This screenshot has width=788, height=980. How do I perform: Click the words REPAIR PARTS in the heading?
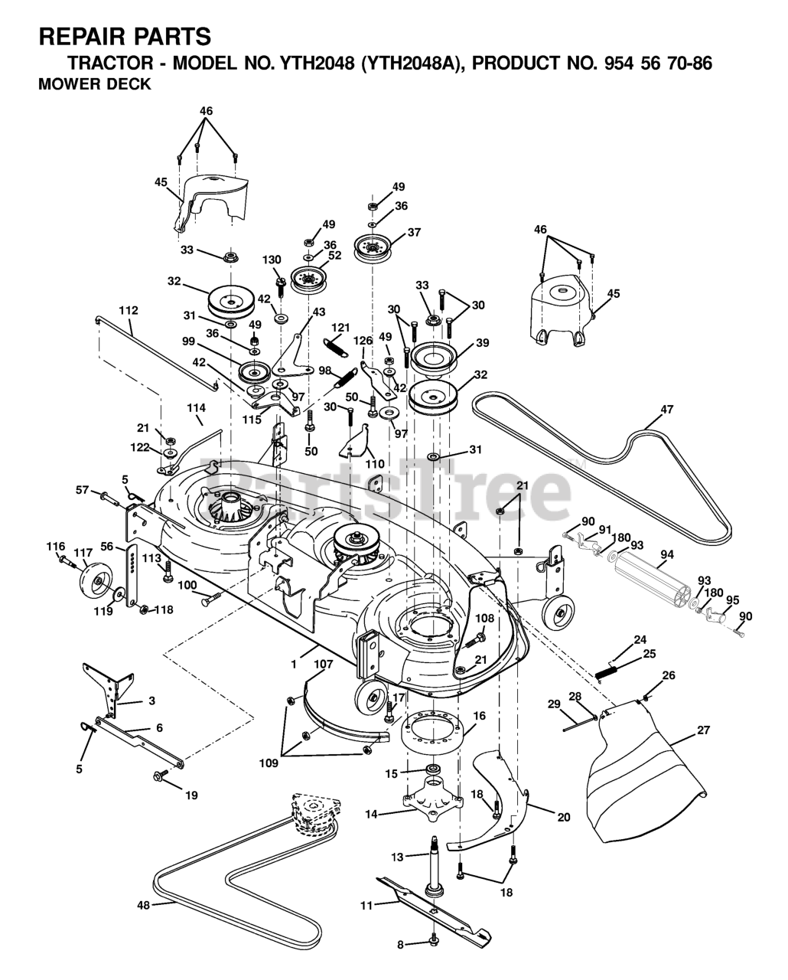124,36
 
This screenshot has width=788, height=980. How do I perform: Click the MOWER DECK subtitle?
95,85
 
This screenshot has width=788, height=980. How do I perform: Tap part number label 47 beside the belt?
666,410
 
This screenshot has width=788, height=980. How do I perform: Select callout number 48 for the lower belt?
143,905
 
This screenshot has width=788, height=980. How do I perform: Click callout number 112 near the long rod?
129,310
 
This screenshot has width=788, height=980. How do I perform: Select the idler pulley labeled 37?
373,247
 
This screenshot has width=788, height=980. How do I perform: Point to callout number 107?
323,665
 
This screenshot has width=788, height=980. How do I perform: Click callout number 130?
272,260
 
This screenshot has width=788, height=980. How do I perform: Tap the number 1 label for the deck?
293,665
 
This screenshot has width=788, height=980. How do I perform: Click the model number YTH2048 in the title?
318,63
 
